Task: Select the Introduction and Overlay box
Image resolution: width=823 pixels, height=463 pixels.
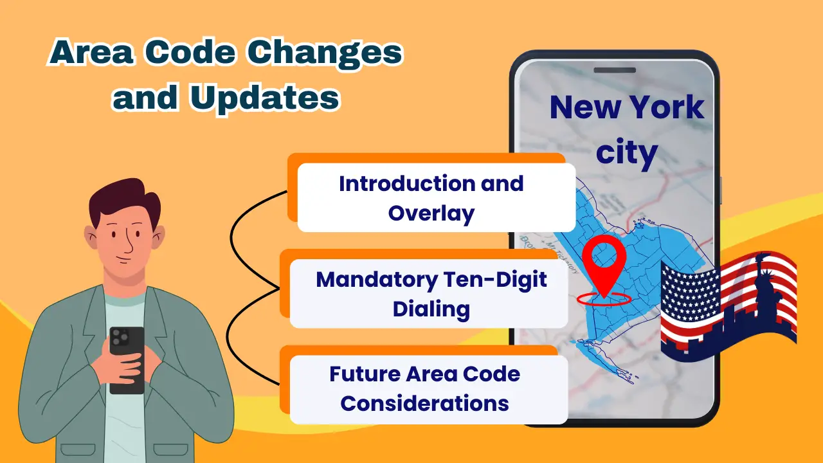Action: [x=436, y=197]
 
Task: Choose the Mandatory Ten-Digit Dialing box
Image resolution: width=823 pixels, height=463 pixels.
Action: [x=429, y=294]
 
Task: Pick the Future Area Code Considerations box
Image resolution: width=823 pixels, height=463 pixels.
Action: [x=429, y=390]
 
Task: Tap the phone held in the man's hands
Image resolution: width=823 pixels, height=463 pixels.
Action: [x=127, y=360]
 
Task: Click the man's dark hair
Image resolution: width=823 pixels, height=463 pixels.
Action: [x=124, y=200]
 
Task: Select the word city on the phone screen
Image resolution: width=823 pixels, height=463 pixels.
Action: [x=626, y=152]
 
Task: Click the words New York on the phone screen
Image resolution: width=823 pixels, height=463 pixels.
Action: [x=627, y=107]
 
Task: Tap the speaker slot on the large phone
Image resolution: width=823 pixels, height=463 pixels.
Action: [x=615, y=70]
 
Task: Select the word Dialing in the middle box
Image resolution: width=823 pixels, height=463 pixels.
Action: [x=431, y=309]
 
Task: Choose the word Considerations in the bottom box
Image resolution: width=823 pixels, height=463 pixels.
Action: [x=425, y=403]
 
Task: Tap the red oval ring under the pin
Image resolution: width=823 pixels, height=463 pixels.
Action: [x=604, y=299]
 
